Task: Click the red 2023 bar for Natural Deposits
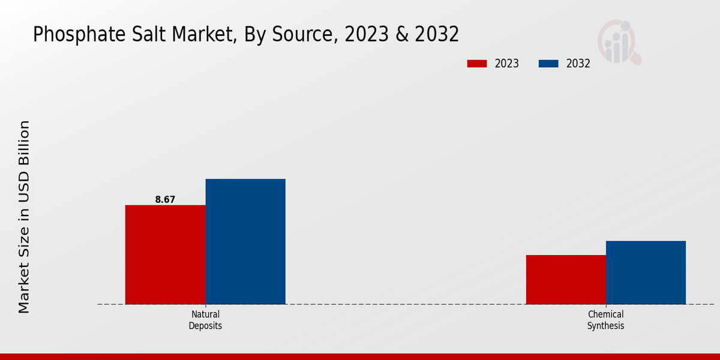click(x=165, y=254)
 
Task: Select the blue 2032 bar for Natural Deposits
click(x=245, y=241)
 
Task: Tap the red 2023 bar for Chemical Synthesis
click(x=566, y=280)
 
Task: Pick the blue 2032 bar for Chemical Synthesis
click(x=646, y=272)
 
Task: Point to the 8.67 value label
click(x=165, y=200)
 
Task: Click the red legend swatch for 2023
click(x=477, y=64)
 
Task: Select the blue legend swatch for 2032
click(x=549, y=64)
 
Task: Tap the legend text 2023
click(x=507, y=64)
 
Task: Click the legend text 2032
click(x=578, y=64)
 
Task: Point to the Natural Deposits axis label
click(x=205, y=320)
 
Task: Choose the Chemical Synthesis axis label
click(x=605, y=320)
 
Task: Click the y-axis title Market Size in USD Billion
click(x=24, y=216)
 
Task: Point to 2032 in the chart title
click(x=436, y=34)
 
